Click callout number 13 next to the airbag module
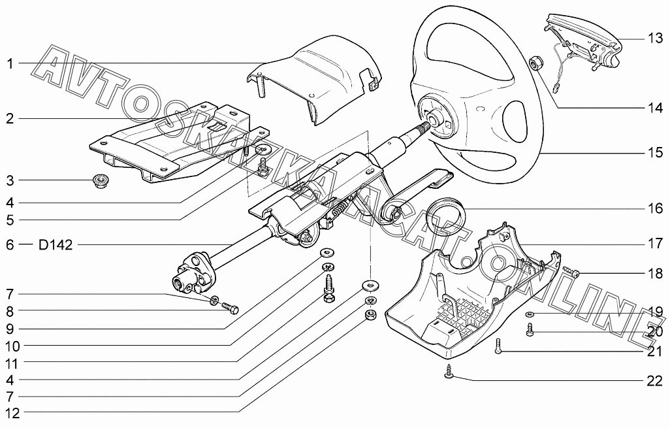tap(655, 39)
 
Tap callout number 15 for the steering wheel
tap(655, 153)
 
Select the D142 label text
tap(56, 245)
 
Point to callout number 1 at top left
tap(10, 63)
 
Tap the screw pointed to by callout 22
tap(449, 372)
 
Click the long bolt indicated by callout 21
tap(499, 346)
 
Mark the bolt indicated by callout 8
tap(230, 307)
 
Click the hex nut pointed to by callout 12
tap(368, 316)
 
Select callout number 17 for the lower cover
tap(655, 245)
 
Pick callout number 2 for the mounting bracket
tap(10, 119)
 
